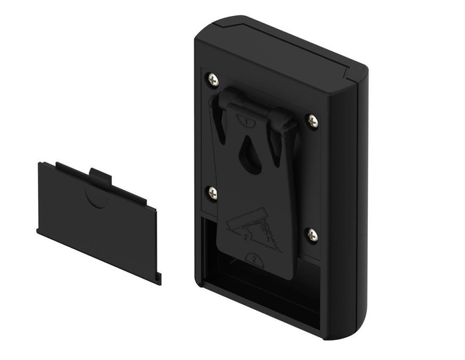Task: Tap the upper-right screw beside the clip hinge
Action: (312, 121)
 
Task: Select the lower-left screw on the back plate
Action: (212, 193)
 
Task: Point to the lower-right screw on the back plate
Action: (312, 235)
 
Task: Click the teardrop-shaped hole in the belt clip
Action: (250, 158)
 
